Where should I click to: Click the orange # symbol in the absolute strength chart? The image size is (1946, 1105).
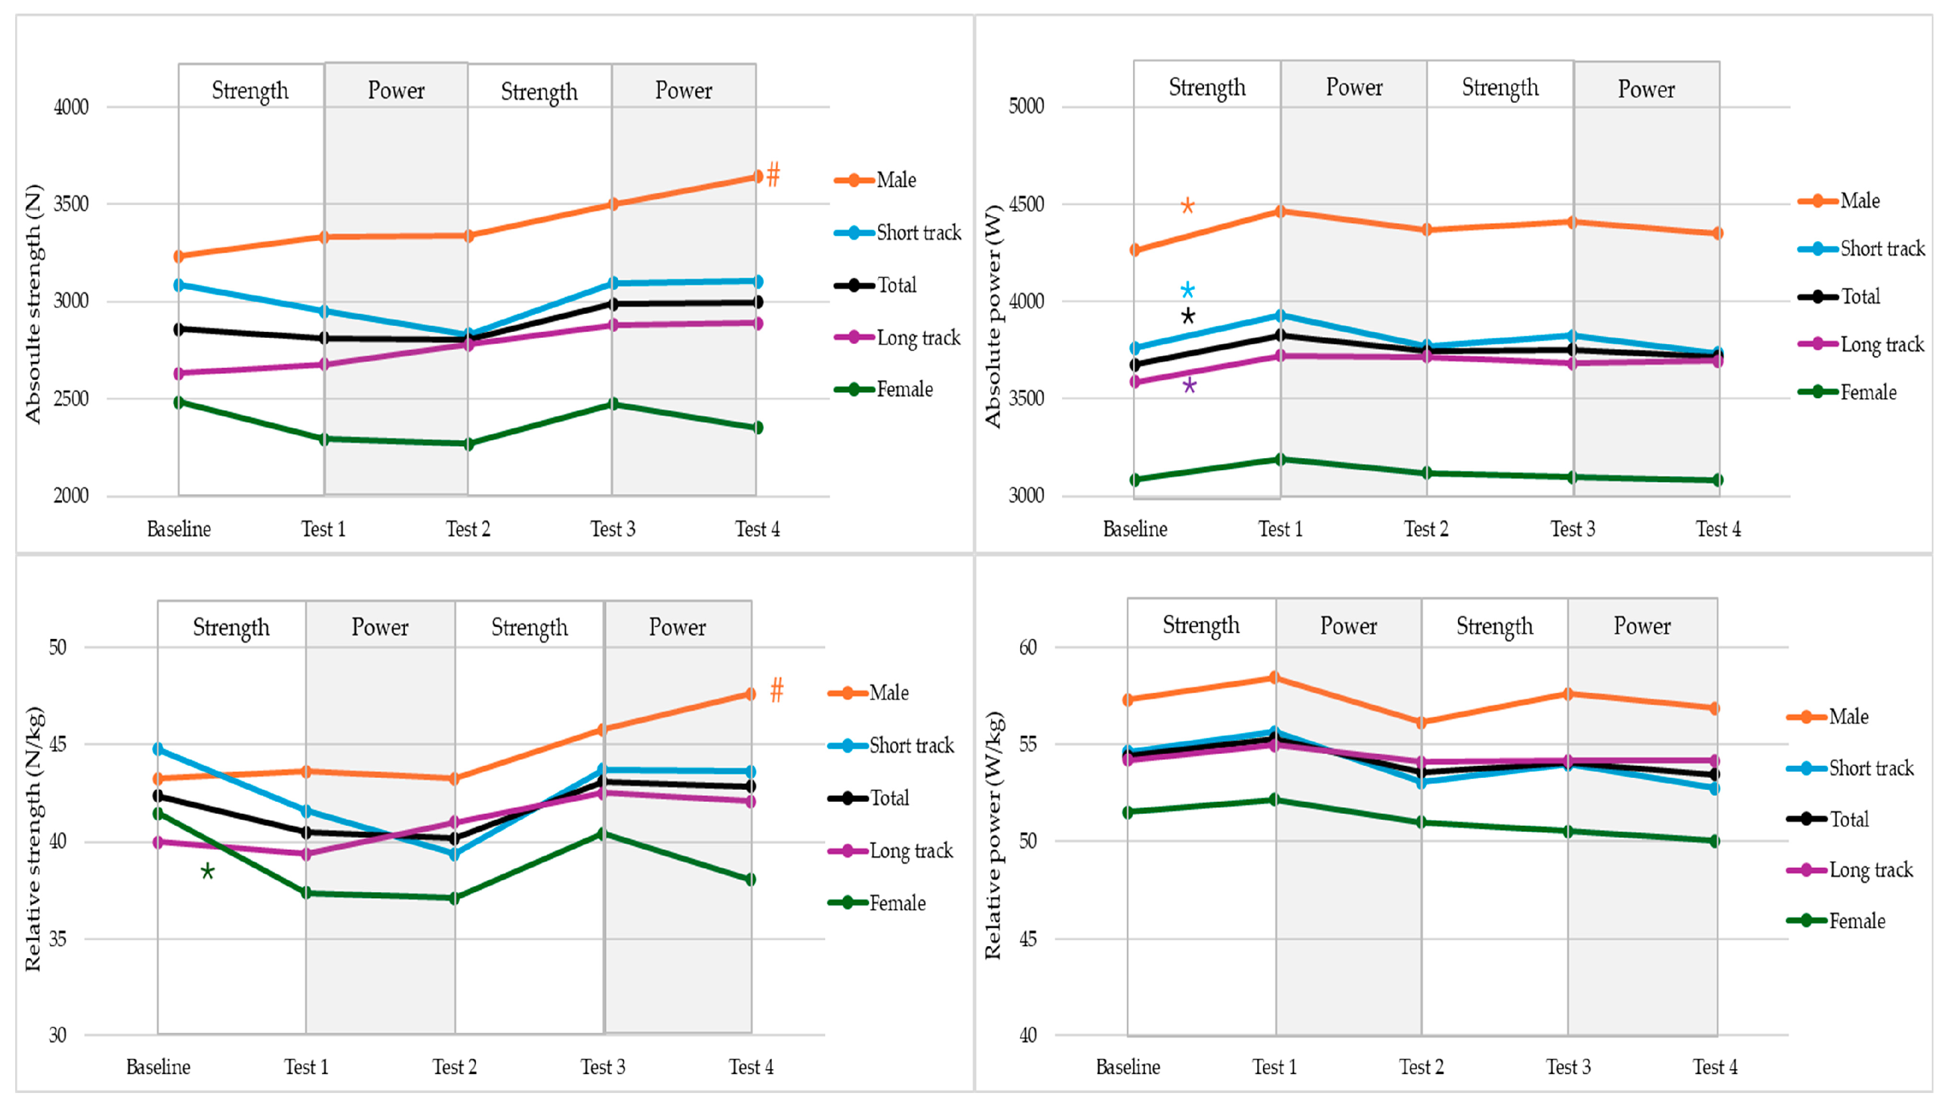tap(773, 175)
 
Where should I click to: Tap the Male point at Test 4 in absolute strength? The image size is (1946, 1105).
tap(756, 177)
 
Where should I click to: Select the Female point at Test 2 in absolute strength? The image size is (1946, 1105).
tap(468, 444)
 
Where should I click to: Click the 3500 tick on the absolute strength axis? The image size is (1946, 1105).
tap(70, 204)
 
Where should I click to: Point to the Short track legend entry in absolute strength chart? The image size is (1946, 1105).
tap(898, 232)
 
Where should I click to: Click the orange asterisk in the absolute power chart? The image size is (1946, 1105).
tap(1187, 206)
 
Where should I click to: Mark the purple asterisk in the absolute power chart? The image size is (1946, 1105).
tap(1189, 386)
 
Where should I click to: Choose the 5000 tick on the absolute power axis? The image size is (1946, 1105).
tap(1026, 105)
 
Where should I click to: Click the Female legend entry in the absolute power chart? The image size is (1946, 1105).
tap(1847, 393)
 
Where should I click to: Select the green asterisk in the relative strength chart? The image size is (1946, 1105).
tap(207, 871)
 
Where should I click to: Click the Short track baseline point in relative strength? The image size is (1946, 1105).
tap(158, 749)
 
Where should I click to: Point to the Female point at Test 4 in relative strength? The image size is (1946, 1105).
tap(750, 880)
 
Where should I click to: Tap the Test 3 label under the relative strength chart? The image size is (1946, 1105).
tap(603, 1067)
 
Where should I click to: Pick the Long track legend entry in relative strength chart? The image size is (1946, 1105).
tap(890, 851)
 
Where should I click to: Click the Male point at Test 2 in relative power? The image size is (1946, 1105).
tap(1421, 722)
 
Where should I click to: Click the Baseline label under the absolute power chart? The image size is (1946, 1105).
tap(1135, 529)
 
